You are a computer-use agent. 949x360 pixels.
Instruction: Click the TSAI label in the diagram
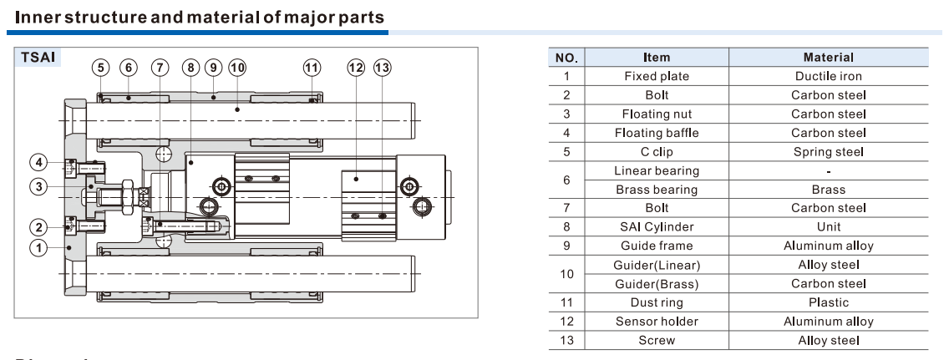[x=37, y=61]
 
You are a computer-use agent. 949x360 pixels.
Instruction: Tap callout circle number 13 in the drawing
[x=383, y=68]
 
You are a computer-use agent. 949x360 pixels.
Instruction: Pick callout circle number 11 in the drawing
[x=312, y=68]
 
